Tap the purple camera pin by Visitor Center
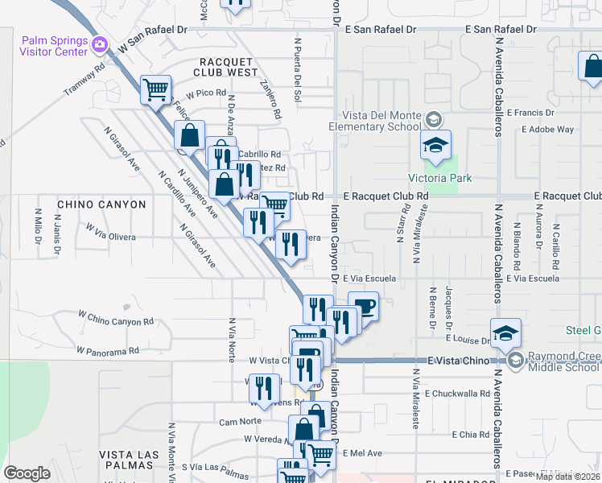[100, 44]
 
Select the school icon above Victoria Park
[435, 146]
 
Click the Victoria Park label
[439, 178]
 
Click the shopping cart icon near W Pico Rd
[155, 89]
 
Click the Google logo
[27, 473]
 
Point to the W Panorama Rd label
[108, 351]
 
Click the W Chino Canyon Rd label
[115, 317]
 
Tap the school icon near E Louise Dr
[505, 333]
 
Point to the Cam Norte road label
[239, 421]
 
